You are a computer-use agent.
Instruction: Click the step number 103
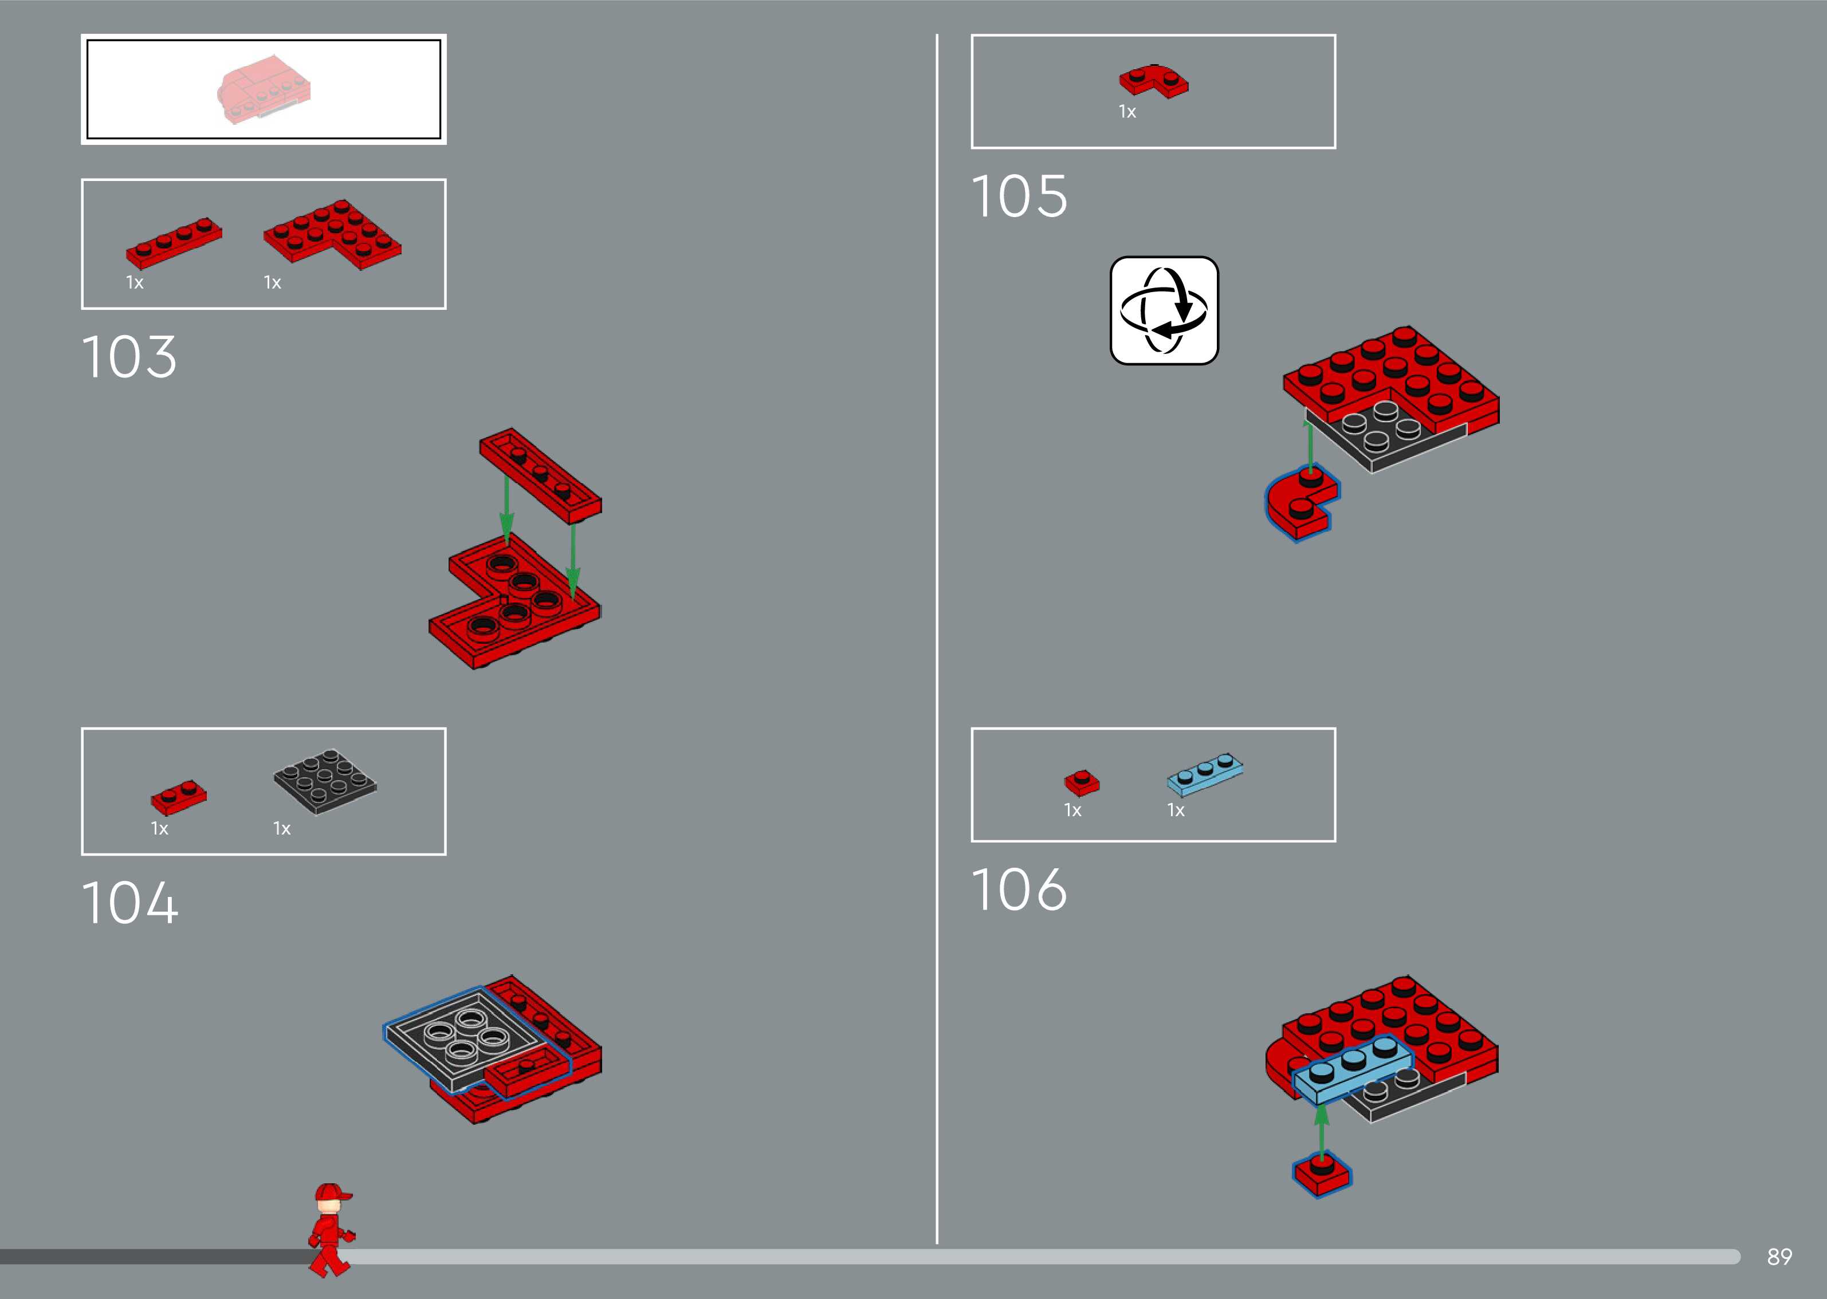(129, 357)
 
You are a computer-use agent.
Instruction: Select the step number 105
(1019, 197)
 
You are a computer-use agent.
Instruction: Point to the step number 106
(1019, 889)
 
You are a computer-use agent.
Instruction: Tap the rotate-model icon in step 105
(1164, 310)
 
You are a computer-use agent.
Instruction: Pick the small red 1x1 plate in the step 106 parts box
(1082, 783)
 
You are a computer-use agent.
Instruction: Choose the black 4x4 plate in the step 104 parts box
(325, 781)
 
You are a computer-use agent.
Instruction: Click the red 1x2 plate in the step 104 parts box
(178, 797)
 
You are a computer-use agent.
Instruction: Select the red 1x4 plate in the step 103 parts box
(174, 242)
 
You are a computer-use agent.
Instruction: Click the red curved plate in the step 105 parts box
(1153, 81)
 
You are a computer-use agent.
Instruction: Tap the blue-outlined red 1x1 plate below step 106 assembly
(1322, 1174)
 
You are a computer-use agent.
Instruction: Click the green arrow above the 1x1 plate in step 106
(1322, 1128)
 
